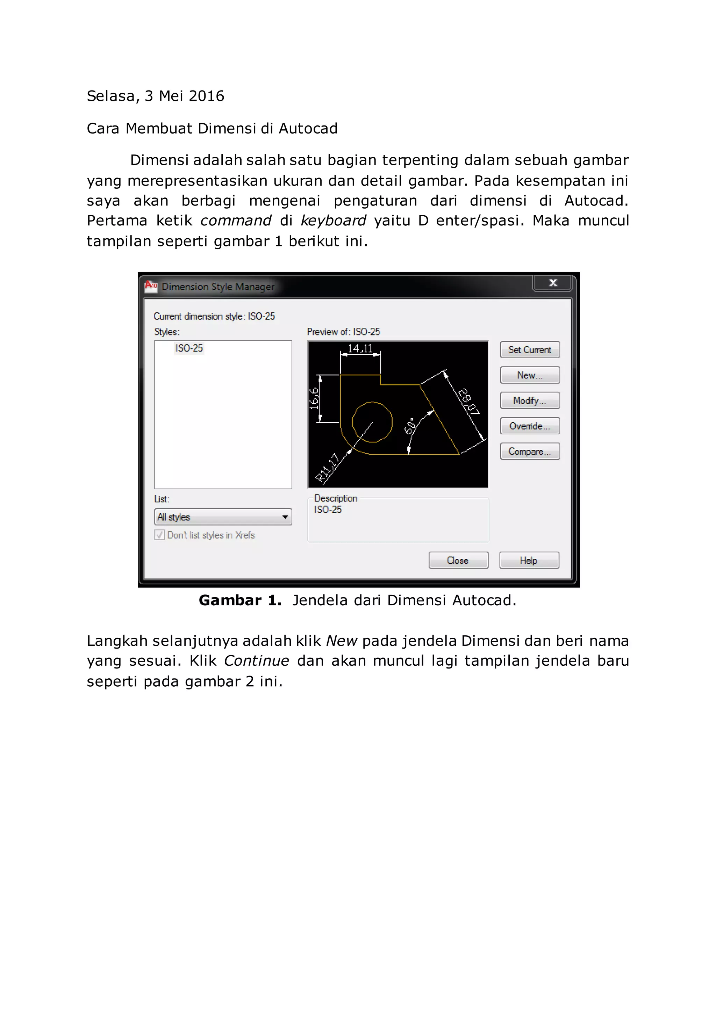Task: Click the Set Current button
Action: tap(530, 349)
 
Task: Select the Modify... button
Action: tap(530, 401)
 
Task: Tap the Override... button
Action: tap(530, 426)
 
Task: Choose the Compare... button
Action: tap(530, 451)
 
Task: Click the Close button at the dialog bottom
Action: tap(458, 560)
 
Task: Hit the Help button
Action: tap(529, 560)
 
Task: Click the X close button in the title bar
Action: tap(553, 283)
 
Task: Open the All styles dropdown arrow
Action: tap(285, 517)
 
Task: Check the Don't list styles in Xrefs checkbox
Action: tap(160, 535)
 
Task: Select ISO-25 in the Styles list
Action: tap(189, 348)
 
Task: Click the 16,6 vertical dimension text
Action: tap(314, 398)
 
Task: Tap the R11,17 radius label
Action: tap(328, 467)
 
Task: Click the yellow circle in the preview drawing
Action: tap(373, 422)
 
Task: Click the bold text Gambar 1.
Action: tap(240, 600)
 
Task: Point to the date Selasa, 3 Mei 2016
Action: tap(155, 96)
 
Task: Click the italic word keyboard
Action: tap(333, 221)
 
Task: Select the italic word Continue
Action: tap(256, 661)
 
